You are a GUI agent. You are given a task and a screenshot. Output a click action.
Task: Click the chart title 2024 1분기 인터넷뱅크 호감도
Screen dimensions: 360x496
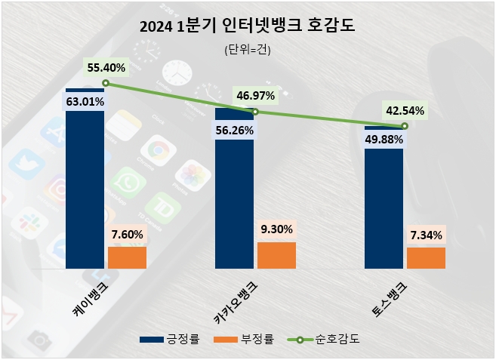tap(248, 27)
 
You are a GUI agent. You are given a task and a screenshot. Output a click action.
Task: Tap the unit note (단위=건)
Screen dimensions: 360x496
tap(248, 51)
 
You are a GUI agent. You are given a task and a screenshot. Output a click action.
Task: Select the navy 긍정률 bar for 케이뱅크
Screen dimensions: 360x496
tap(85, 189)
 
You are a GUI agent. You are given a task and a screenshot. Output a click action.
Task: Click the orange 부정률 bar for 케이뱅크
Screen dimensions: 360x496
tap(127, 257)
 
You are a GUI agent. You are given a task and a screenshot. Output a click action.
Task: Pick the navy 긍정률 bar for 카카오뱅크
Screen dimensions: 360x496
tap(234, 196)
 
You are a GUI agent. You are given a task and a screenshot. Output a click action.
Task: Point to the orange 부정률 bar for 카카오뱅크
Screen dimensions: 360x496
tap(276, 255)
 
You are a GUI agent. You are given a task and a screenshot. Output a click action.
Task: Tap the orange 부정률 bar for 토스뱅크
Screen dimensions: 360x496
tap(426, 257)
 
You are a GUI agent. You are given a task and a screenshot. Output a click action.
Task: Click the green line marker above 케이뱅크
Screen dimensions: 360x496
tap(106, 83)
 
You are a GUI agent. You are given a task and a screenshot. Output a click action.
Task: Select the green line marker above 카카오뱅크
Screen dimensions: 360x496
tap(255, 112)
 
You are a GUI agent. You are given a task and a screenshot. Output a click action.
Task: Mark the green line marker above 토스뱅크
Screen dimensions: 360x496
tap(405, 126)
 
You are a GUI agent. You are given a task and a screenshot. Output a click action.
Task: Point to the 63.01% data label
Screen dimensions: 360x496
tap(85, 100)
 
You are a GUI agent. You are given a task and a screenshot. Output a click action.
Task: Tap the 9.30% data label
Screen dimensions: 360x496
tap(276, 229)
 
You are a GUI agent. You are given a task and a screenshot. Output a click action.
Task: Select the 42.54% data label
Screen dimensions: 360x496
tap(405, 111)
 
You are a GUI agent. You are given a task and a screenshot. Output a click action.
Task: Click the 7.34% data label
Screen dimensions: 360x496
tap(426, 234)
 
